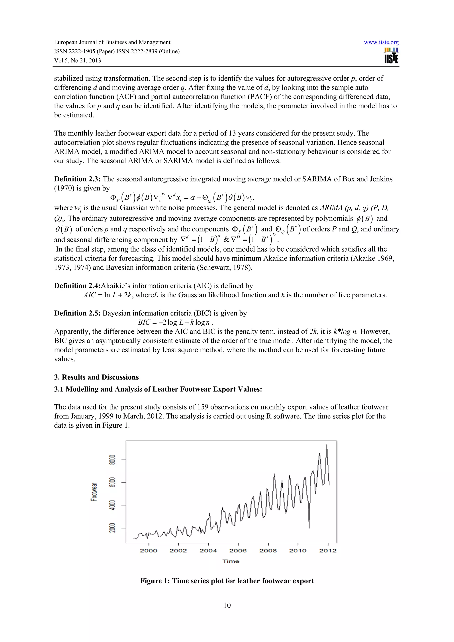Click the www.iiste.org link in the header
coord(381,43)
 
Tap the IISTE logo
coord(391,56)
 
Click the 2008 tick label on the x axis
coord(268,551)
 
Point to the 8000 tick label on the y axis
coord(112,460)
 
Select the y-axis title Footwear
coord(94,492)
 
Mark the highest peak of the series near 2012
coord(327,445)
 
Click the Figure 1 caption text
coord(227,581)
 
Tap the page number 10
coord(227,605)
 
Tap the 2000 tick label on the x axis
coord(149,551)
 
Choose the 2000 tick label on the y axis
coord(112,528)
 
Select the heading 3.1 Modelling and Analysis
coord(158,389)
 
